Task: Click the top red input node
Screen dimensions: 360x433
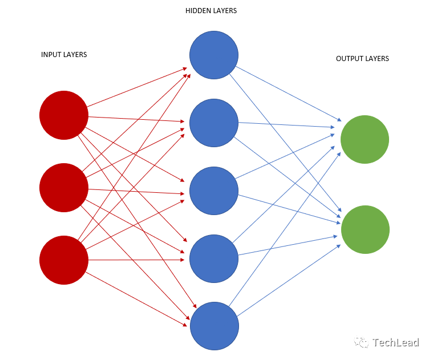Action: pos(64,115)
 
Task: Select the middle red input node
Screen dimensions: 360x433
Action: pos(64,188)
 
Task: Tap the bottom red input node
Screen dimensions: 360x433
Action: pos(64,260)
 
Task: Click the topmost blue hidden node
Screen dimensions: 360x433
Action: pos(214,55)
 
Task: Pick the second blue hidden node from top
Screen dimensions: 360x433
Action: pos(214,123)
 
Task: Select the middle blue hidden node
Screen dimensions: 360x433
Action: pos(214,191)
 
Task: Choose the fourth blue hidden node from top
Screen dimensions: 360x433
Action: pos(214,258)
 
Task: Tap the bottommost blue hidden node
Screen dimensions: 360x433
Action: pos(214,326)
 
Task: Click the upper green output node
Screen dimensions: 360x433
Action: pos(365,139)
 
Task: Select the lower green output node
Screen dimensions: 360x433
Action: pos(365,229)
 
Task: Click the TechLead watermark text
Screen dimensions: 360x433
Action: pos(395,343)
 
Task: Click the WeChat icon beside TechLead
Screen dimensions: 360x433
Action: pos(361,342)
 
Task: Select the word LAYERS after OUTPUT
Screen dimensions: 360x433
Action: pos(378,59)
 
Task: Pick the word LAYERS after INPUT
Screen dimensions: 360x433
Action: pos(76,55)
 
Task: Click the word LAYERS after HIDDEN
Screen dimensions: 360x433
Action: pos(224,11)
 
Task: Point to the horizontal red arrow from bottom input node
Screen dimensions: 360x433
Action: pos(137,260)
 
